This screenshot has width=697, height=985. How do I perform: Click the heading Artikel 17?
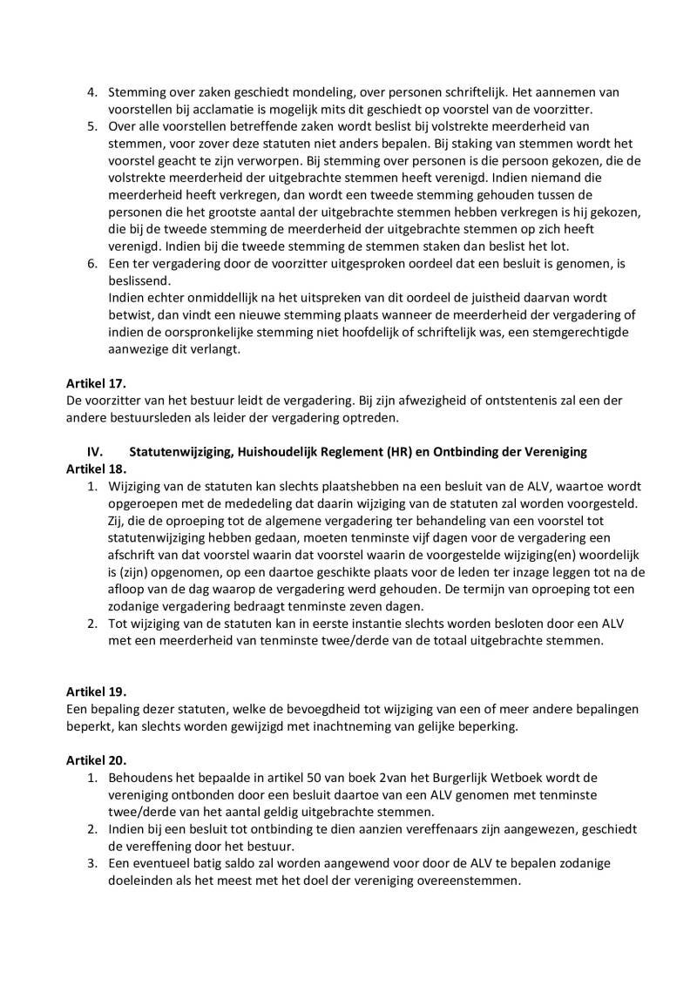click(x=96, y=383)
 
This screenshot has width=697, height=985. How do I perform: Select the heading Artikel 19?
click(x=96, y=692)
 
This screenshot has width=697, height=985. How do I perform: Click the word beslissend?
click(x=143, y=281)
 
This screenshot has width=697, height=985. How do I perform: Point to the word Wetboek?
click(x=506, y=776)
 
